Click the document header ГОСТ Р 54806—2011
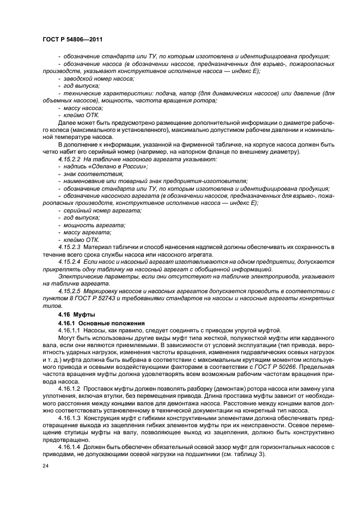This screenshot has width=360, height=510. [72, 40]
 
